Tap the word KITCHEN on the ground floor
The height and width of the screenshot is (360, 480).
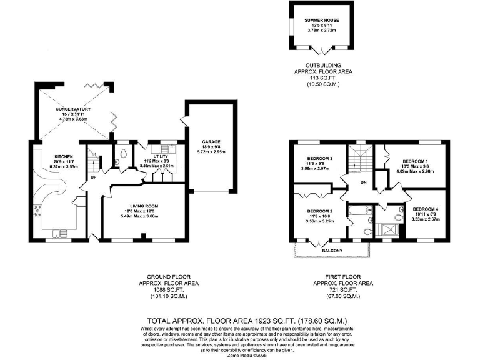(64, 156)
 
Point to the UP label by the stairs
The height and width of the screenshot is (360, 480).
(94, 177)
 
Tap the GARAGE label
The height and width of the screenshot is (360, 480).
(211, 141)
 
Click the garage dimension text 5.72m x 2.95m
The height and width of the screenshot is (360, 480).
(211, 152)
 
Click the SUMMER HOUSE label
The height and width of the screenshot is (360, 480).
(322, 21)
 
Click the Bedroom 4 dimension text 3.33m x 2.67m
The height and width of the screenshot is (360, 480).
(426, 219)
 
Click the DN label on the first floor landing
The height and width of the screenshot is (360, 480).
(364, 182)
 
